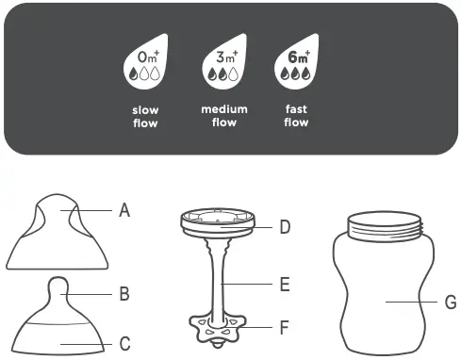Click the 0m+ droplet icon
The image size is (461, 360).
(145, 63)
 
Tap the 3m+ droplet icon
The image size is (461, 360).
(224, 63)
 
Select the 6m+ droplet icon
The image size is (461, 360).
(295, 63)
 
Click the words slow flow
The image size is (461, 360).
(145, 116)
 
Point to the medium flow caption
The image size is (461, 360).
(224, 116)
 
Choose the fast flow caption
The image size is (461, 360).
(295, 116)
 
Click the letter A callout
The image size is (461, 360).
(124, 212)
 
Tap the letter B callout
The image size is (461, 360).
(124, 294)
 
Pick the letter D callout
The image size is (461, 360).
(285, 226)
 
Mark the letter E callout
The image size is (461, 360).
(285, 283)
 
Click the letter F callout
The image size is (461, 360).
(285, 328)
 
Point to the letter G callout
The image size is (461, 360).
(450, 303)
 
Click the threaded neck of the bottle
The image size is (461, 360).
(383, 226)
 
